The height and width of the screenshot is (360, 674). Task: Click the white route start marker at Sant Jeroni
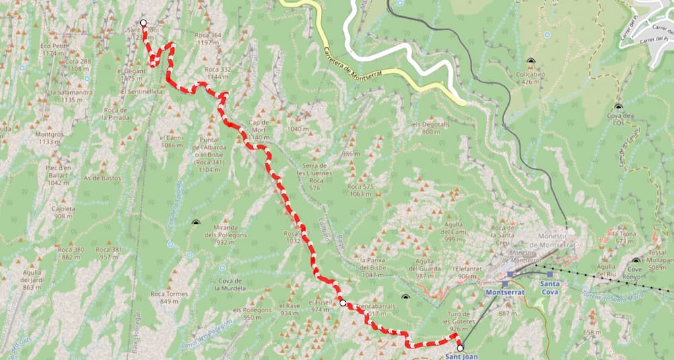pos(143,23)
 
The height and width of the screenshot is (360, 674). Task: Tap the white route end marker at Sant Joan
pos(460,349)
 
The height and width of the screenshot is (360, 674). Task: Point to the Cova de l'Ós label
pos(619,119)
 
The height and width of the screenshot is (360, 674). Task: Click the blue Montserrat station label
pos(506,294)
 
